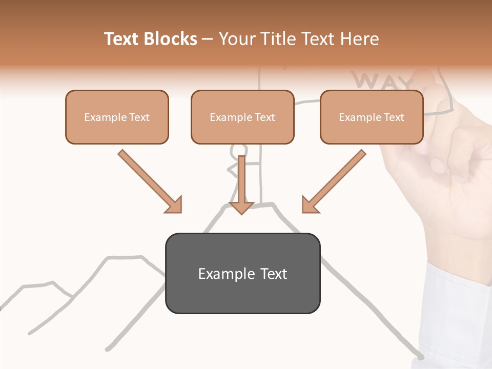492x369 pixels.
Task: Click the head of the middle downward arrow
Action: pyautogui.click(x=241, y=207)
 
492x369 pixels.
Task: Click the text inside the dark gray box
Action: pyautogui.click(x=242, y=274)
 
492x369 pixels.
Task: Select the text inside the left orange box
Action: pyautogui.click(x=117, y=117)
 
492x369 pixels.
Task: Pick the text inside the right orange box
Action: pyautogui.click(x=372, y=117)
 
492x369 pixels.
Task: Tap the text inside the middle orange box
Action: pyautogui.click(x=242, y=117)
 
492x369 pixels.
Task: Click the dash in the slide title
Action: pyautogui.click(x=208, y=39)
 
